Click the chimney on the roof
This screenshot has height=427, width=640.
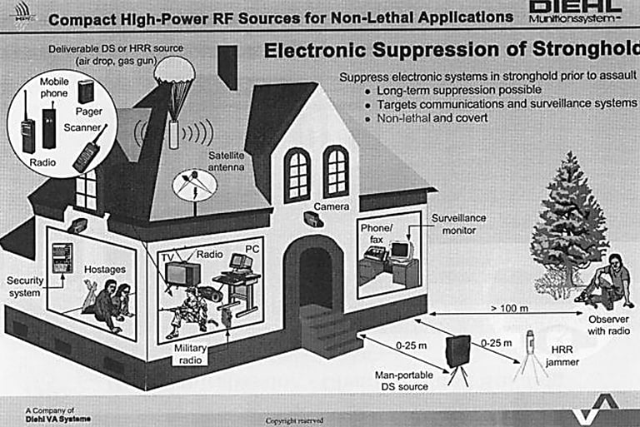227,67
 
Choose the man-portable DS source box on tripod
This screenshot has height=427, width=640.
458,354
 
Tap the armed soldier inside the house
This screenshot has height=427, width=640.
187,312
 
